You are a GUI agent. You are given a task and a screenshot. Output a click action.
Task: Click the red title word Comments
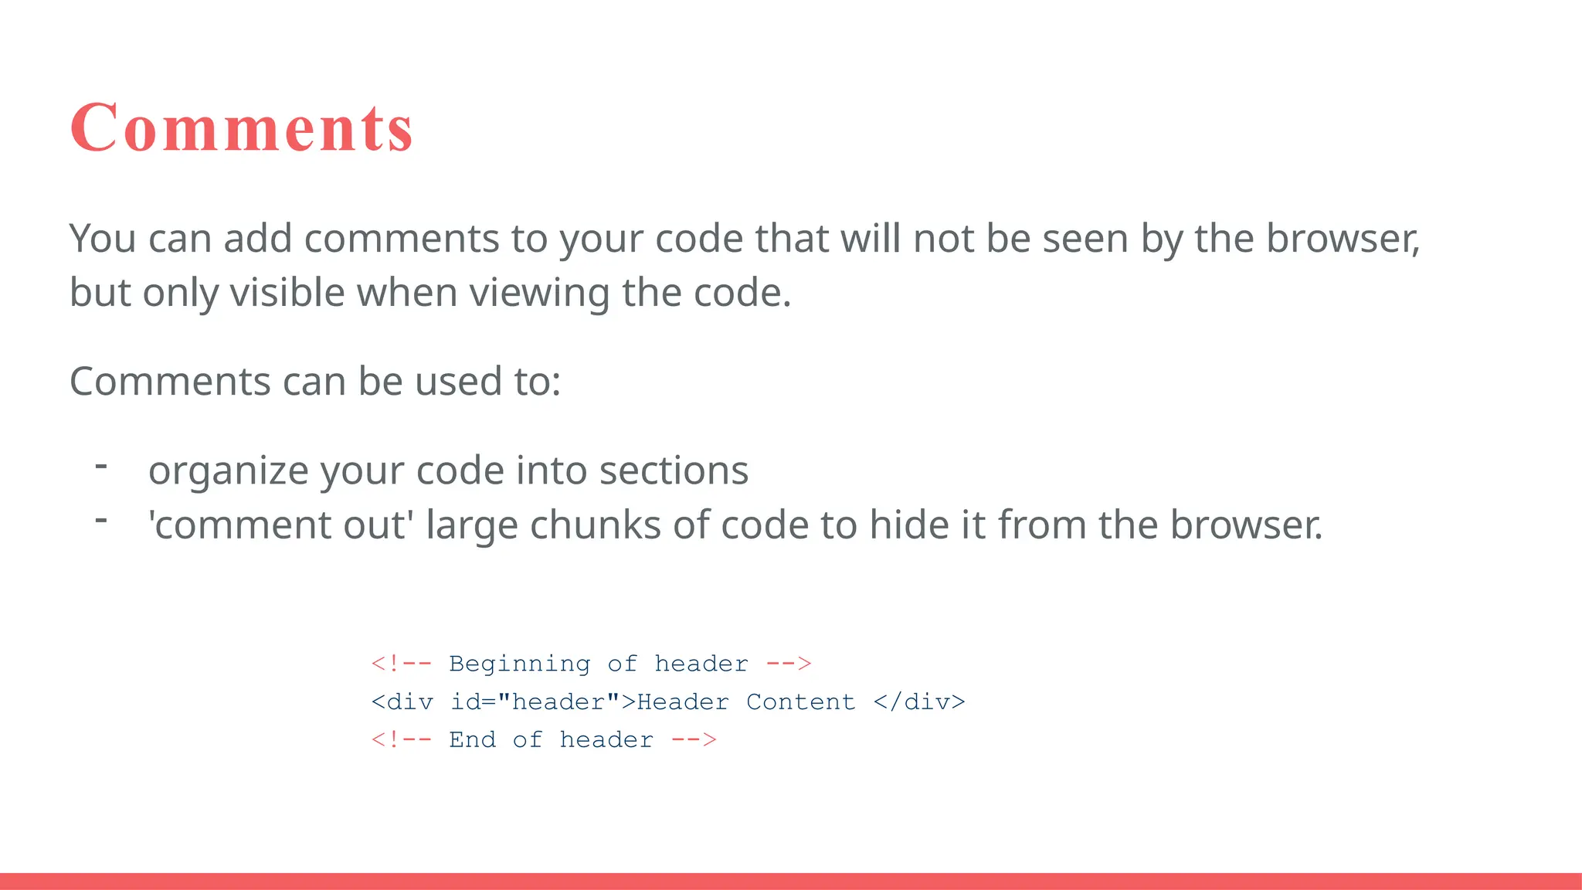(242, 127)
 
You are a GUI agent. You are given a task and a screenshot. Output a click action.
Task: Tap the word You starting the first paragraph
(102, 239)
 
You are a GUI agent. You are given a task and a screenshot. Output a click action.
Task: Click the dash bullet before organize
(100, 466)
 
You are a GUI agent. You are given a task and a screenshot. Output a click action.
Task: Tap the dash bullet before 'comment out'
(100, 520)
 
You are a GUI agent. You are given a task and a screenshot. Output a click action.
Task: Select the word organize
(227, 471)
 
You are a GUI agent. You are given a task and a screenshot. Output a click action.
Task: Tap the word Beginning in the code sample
(519, 664)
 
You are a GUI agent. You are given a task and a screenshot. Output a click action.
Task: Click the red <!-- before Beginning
(401, 664)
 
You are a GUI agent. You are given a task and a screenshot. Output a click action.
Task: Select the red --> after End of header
(694, 740)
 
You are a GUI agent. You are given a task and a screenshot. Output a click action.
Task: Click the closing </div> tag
(919, 702)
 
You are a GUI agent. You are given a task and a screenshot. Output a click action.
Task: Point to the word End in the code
(472, 740)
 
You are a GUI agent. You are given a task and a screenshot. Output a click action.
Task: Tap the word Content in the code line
(800, 702)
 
